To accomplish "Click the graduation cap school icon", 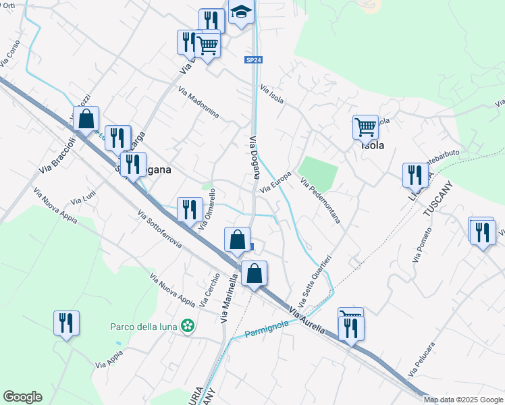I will tap(240, 13).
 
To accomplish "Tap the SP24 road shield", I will tap(253, 60).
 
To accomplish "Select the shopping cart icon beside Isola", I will tap(365, 126).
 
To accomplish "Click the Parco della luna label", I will tap(144, 327).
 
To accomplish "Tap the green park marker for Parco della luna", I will tap(190, 327).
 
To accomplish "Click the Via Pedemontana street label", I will tap(320, 201).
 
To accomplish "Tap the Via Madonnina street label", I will tap(198, 103).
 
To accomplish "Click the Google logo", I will tap(22, 397).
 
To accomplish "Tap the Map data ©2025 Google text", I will tap(463, 400).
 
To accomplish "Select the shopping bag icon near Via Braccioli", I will tap(86, 119).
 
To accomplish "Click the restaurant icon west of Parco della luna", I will tap(66, 322).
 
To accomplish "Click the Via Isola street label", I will tap(272, 94).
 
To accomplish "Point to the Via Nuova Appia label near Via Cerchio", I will tap(172, 290).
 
